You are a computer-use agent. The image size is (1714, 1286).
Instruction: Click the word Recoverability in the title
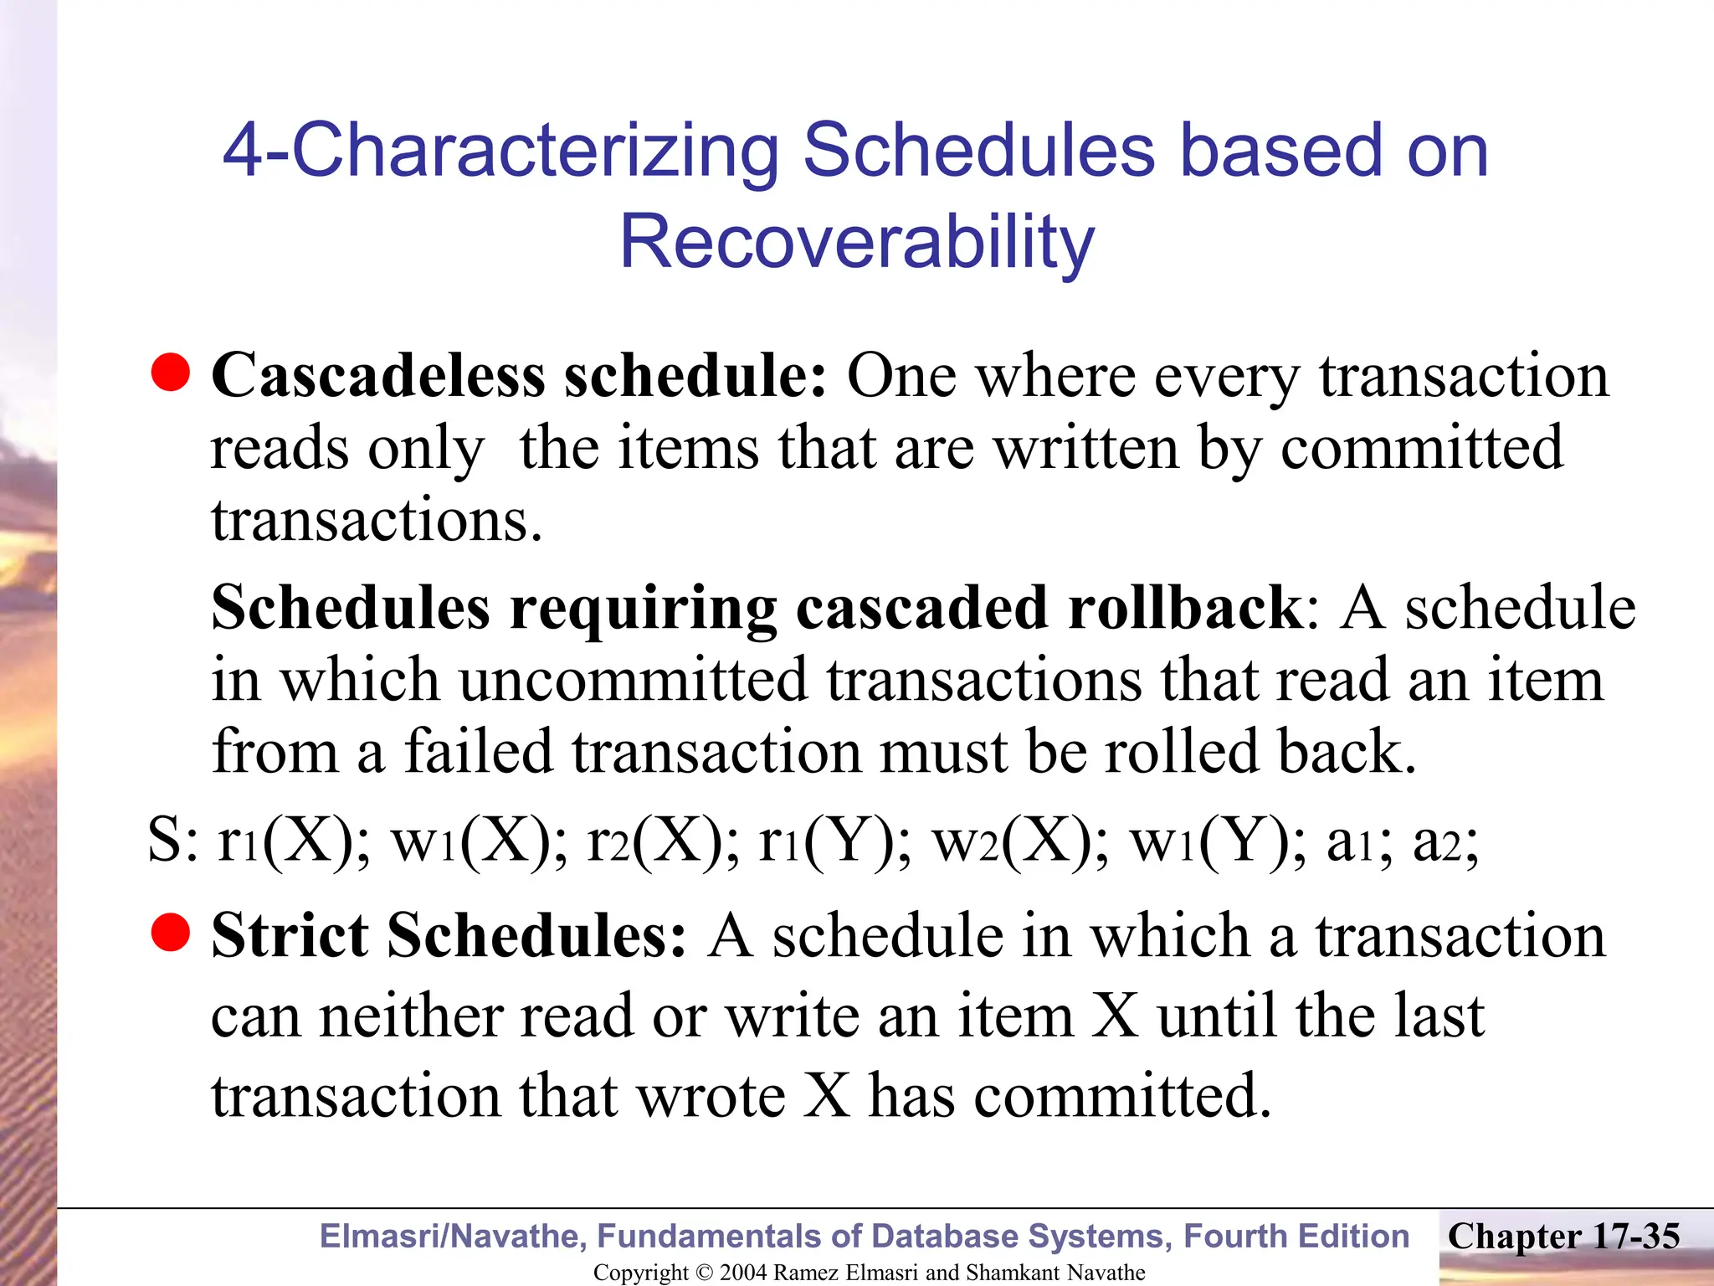coord(857,243)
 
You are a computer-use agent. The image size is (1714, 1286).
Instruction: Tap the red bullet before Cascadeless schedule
coord(171,373)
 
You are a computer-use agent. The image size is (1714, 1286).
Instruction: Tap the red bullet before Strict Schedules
coord(171,933)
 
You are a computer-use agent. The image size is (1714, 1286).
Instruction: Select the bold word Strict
coord(290,936)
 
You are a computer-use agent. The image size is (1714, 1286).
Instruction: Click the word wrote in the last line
coord(711,1097)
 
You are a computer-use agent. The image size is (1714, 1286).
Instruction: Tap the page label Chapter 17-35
coord(1563,1237)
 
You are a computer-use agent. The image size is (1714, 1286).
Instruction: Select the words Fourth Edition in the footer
coord(1296,1237)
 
